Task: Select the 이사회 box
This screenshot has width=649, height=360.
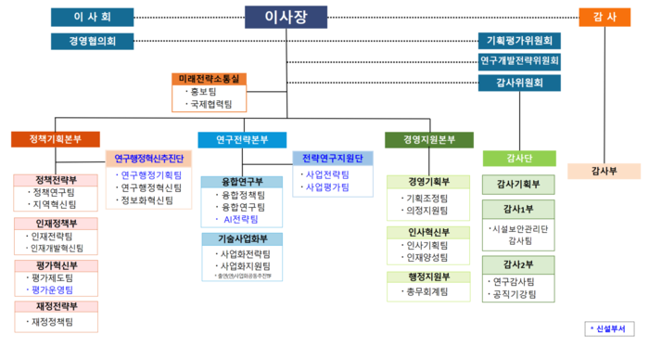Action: (92, 17)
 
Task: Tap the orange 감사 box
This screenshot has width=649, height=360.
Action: (604, 17)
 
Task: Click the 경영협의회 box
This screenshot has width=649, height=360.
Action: (92, 41)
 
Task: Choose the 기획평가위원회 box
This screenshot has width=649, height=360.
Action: (519, 41)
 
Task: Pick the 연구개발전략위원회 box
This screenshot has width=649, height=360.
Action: (519, 61)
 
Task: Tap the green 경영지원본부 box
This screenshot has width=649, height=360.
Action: (428, 140)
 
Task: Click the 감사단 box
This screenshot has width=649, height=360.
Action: (519, 158)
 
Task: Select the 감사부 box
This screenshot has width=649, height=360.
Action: (604, 171)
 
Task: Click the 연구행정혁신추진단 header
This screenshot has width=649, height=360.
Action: (149, 159)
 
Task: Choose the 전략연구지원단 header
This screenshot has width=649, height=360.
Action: (333, 159)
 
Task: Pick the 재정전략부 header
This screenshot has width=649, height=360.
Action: (56, 306)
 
